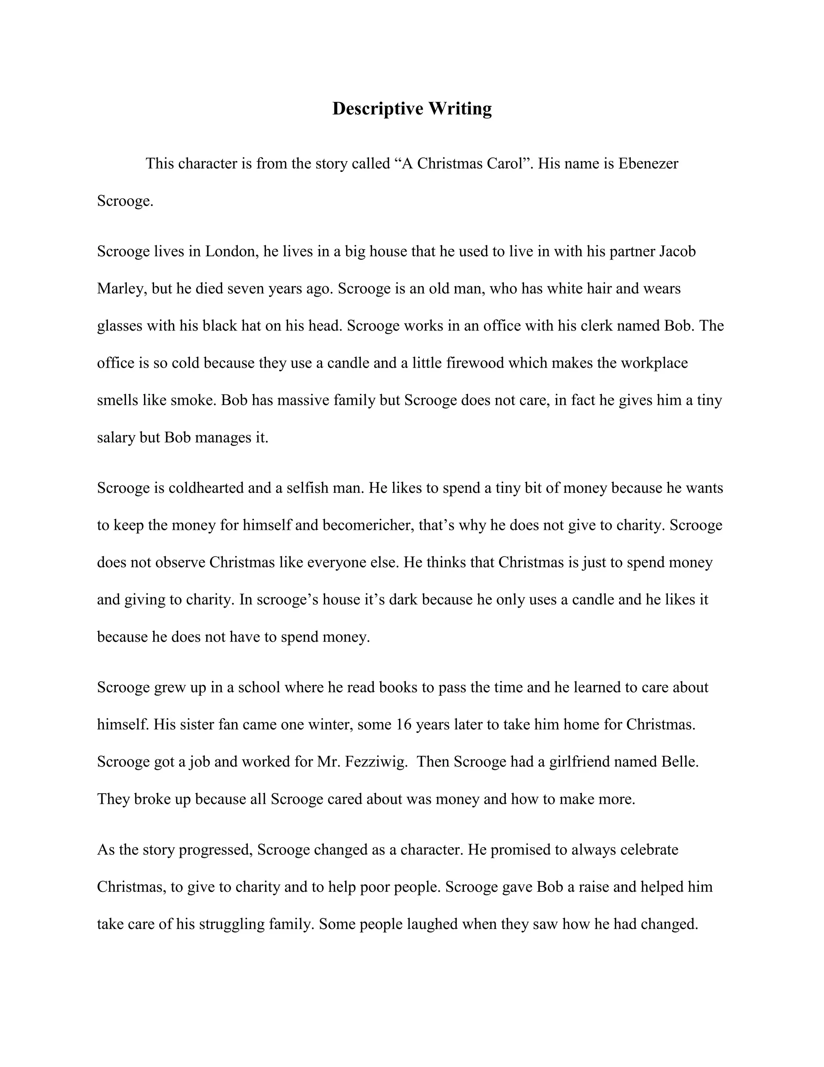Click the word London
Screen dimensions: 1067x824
[231, 251]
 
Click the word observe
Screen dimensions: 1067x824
[180, 562]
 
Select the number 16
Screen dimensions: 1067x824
[404, 724]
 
